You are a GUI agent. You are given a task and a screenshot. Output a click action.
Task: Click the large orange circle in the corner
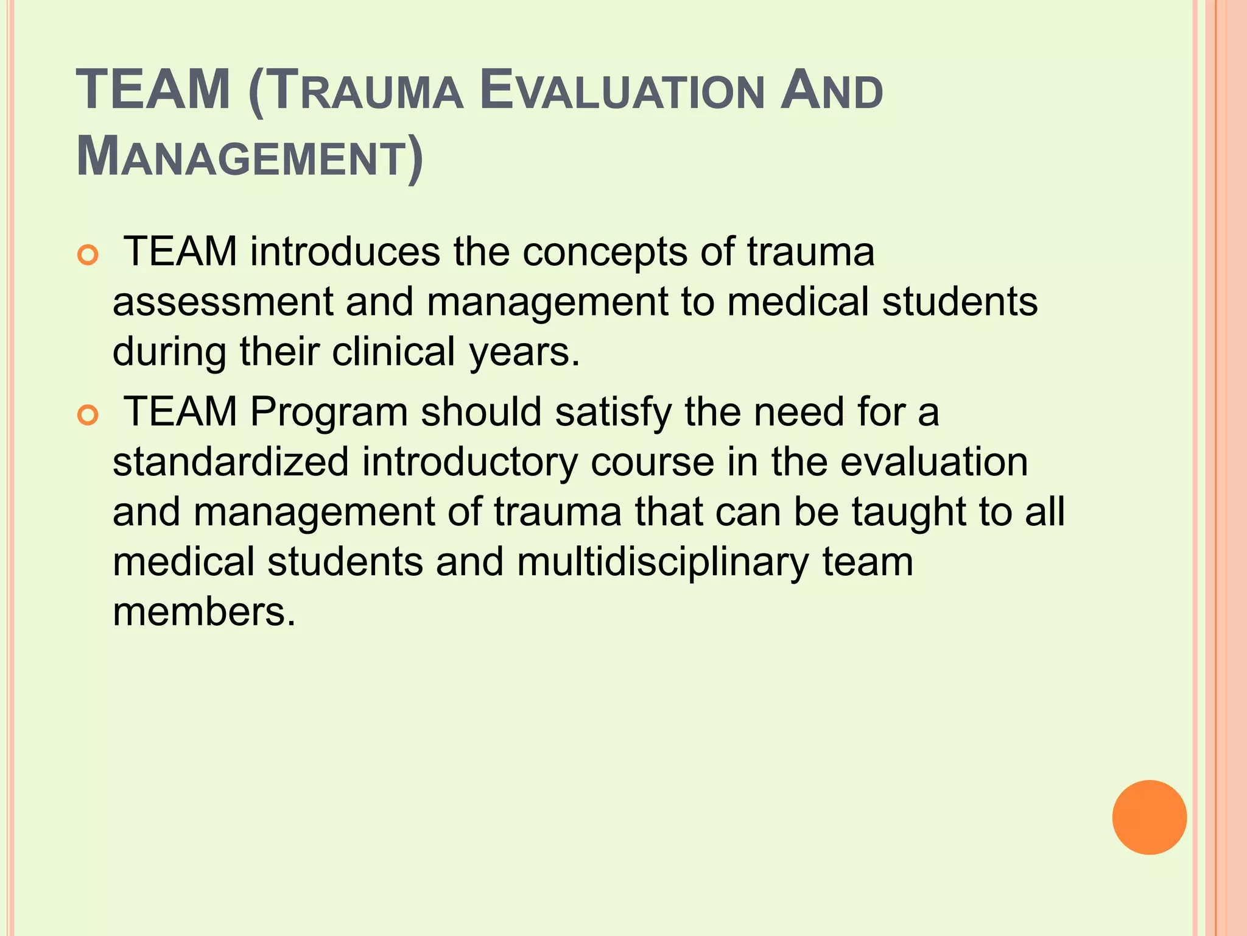tap(1149, 817)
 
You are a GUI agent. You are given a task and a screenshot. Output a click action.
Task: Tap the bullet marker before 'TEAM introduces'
tap(88, 255)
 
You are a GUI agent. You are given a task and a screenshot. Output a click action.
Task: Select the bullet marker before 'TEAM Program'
tap(88, 416)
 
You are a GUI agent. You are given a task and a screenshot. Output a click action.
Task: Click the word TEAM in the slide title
tap(153, 90)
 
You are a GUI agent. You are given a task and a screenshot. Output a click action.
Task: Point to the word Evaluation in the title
tap(621, 91)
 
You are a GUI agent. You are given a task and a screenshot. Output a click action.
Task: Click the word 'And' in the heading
tap(831, 91)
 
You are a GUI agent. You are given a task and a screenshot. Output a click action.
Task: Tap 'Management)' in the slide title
tap(250, 157)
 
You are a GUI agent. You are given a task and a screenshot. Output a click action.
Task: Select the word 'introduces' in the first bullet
tap(345, 251)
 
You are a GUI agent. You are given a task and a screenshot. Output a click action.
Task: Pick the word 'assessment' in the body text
tap(223, 302)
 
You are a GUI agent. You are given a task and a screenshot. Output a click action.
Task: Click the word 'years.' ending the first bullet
tap(524, 353)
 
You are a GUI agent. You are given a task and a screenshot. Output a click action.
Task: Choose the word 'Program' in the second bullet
tap(329, 413)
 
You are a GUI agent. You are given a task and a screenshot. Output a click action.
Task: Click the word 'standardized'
tap(230, 462)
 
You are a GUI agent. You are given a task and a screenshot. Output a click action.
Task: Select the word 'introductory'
tap(469, 462)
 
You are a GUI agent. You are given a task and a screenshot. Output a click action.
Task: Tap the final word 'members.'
tap(204, 612)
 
